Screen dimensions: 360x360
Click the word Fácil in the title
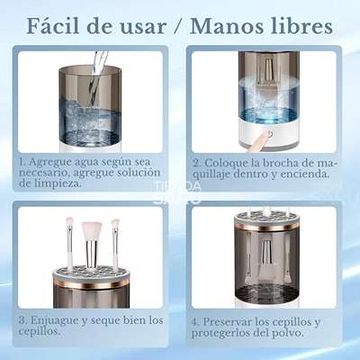pos(54,26)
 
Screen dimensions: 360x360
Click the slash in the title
pos(178,27)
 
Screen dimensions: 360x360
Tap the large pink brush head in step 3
pos(92,230)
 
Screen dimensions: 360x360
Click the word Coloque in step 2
pos(223,163)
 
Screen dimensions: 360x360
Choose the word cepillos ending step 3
pos(39,332)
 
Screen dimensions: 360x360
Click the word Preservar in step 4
pos(227,322)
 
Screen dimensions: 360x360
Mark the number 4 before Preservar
pos(195,322)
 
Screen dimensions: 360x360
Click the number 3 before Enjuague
pos(22,320)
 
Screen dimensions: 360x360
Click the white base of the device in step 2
pos(269,132)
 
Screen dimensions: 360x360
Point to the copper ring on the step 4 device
pos(266,228)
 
